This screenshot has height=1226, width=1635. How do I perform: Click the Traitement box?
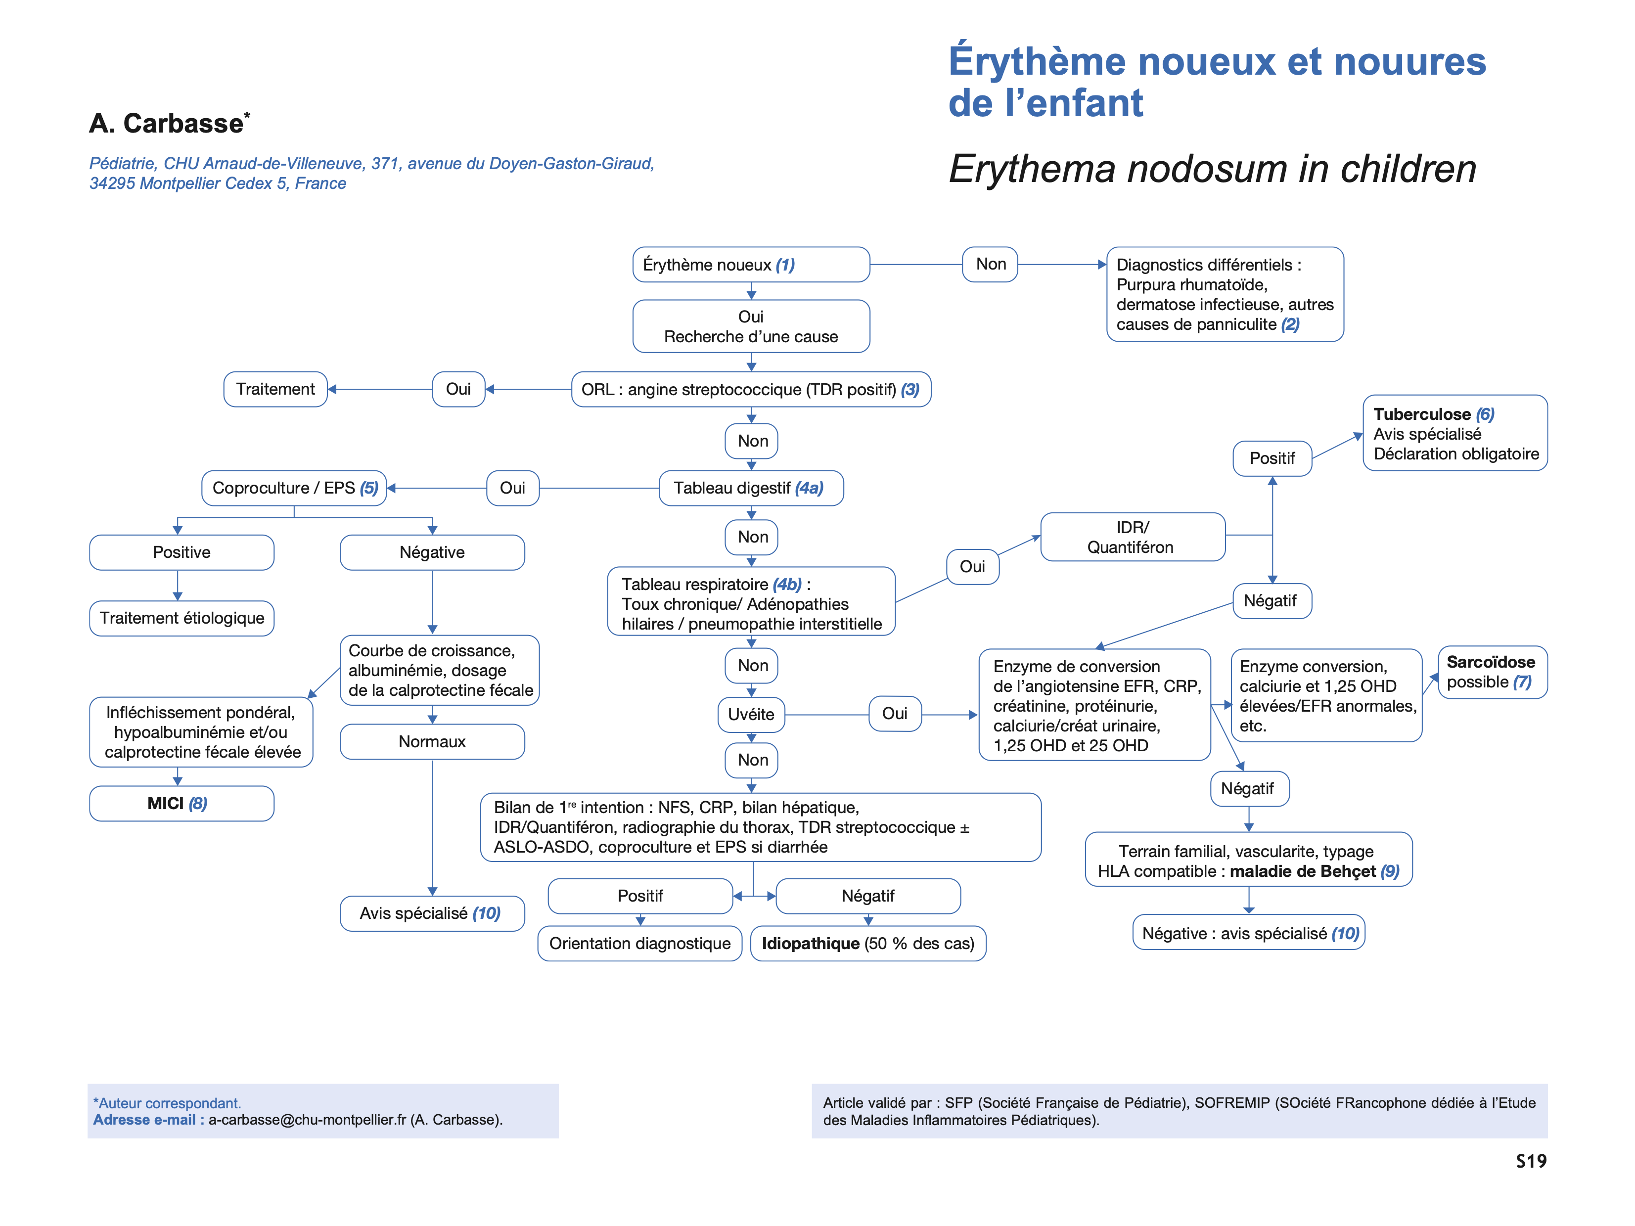click(x=275, y=389)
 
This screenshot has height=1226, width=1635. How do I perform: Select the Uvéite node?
click(x=751, y=715)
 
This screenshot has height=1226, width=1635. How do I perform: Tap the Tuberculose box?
click(x=1454, y=433)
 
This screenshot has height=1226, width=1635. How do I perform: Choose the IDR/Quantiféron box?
click(x=1133, y=537)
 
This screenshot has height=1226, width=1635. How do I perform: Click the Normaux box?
click(x=432, y=742)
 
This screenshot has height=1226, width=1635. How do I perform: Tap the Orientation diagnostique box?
click(x=639, y=944)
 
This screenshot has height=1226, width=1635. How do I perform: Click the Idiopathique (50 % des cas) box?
click(x=868, y=944)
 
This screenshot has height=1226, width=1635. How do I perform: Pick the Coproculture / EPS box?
click(x=294, y=489)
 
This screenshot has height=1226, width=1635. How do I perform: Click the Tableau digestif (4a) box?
click(x=750, y=489)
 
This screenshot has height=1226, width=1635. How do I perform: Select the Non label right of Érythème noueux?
click(x=991, y=265)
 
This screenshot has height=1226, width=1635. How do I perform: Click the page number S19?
click(x=1531, y=1162)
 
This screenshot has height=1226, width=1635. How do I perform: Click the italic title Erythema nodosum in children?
click(x=1212, y=169)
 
